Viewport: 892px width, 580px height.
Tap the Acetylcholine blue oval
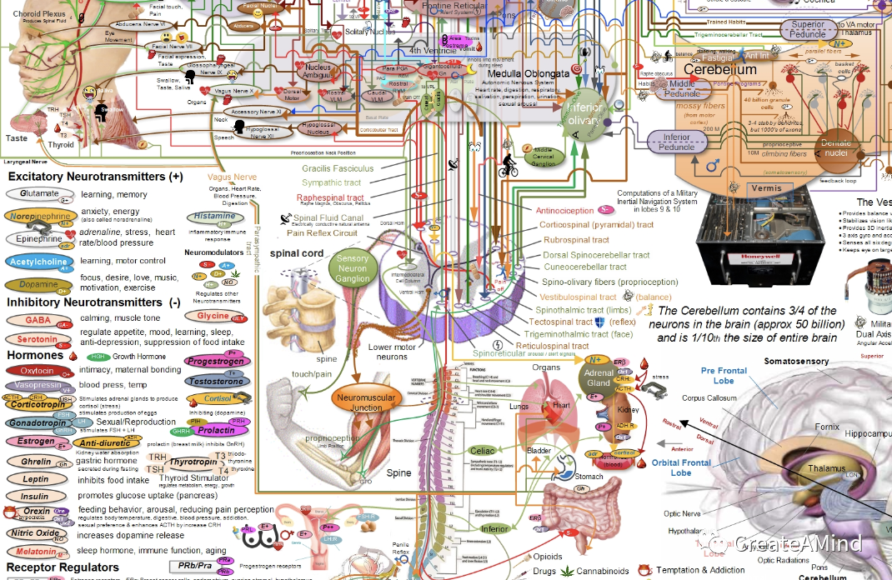coord(38,262)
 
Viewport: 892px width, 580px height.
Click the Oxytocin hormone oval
coord(37,371)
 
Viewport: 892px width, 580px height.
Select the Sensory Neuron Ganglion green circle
coord(353,269)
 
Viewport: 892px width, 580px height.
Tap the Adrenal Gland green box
coord(599,377)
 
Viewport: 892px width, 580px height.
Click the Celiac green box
coord(484,451)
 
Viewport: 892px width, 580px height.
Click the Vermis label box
coord(767,188)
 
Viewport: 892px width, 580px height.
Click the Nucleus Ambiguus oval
coord(318,72)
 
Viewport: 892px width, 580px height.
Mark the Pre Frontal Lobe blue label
coord(723,376)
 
